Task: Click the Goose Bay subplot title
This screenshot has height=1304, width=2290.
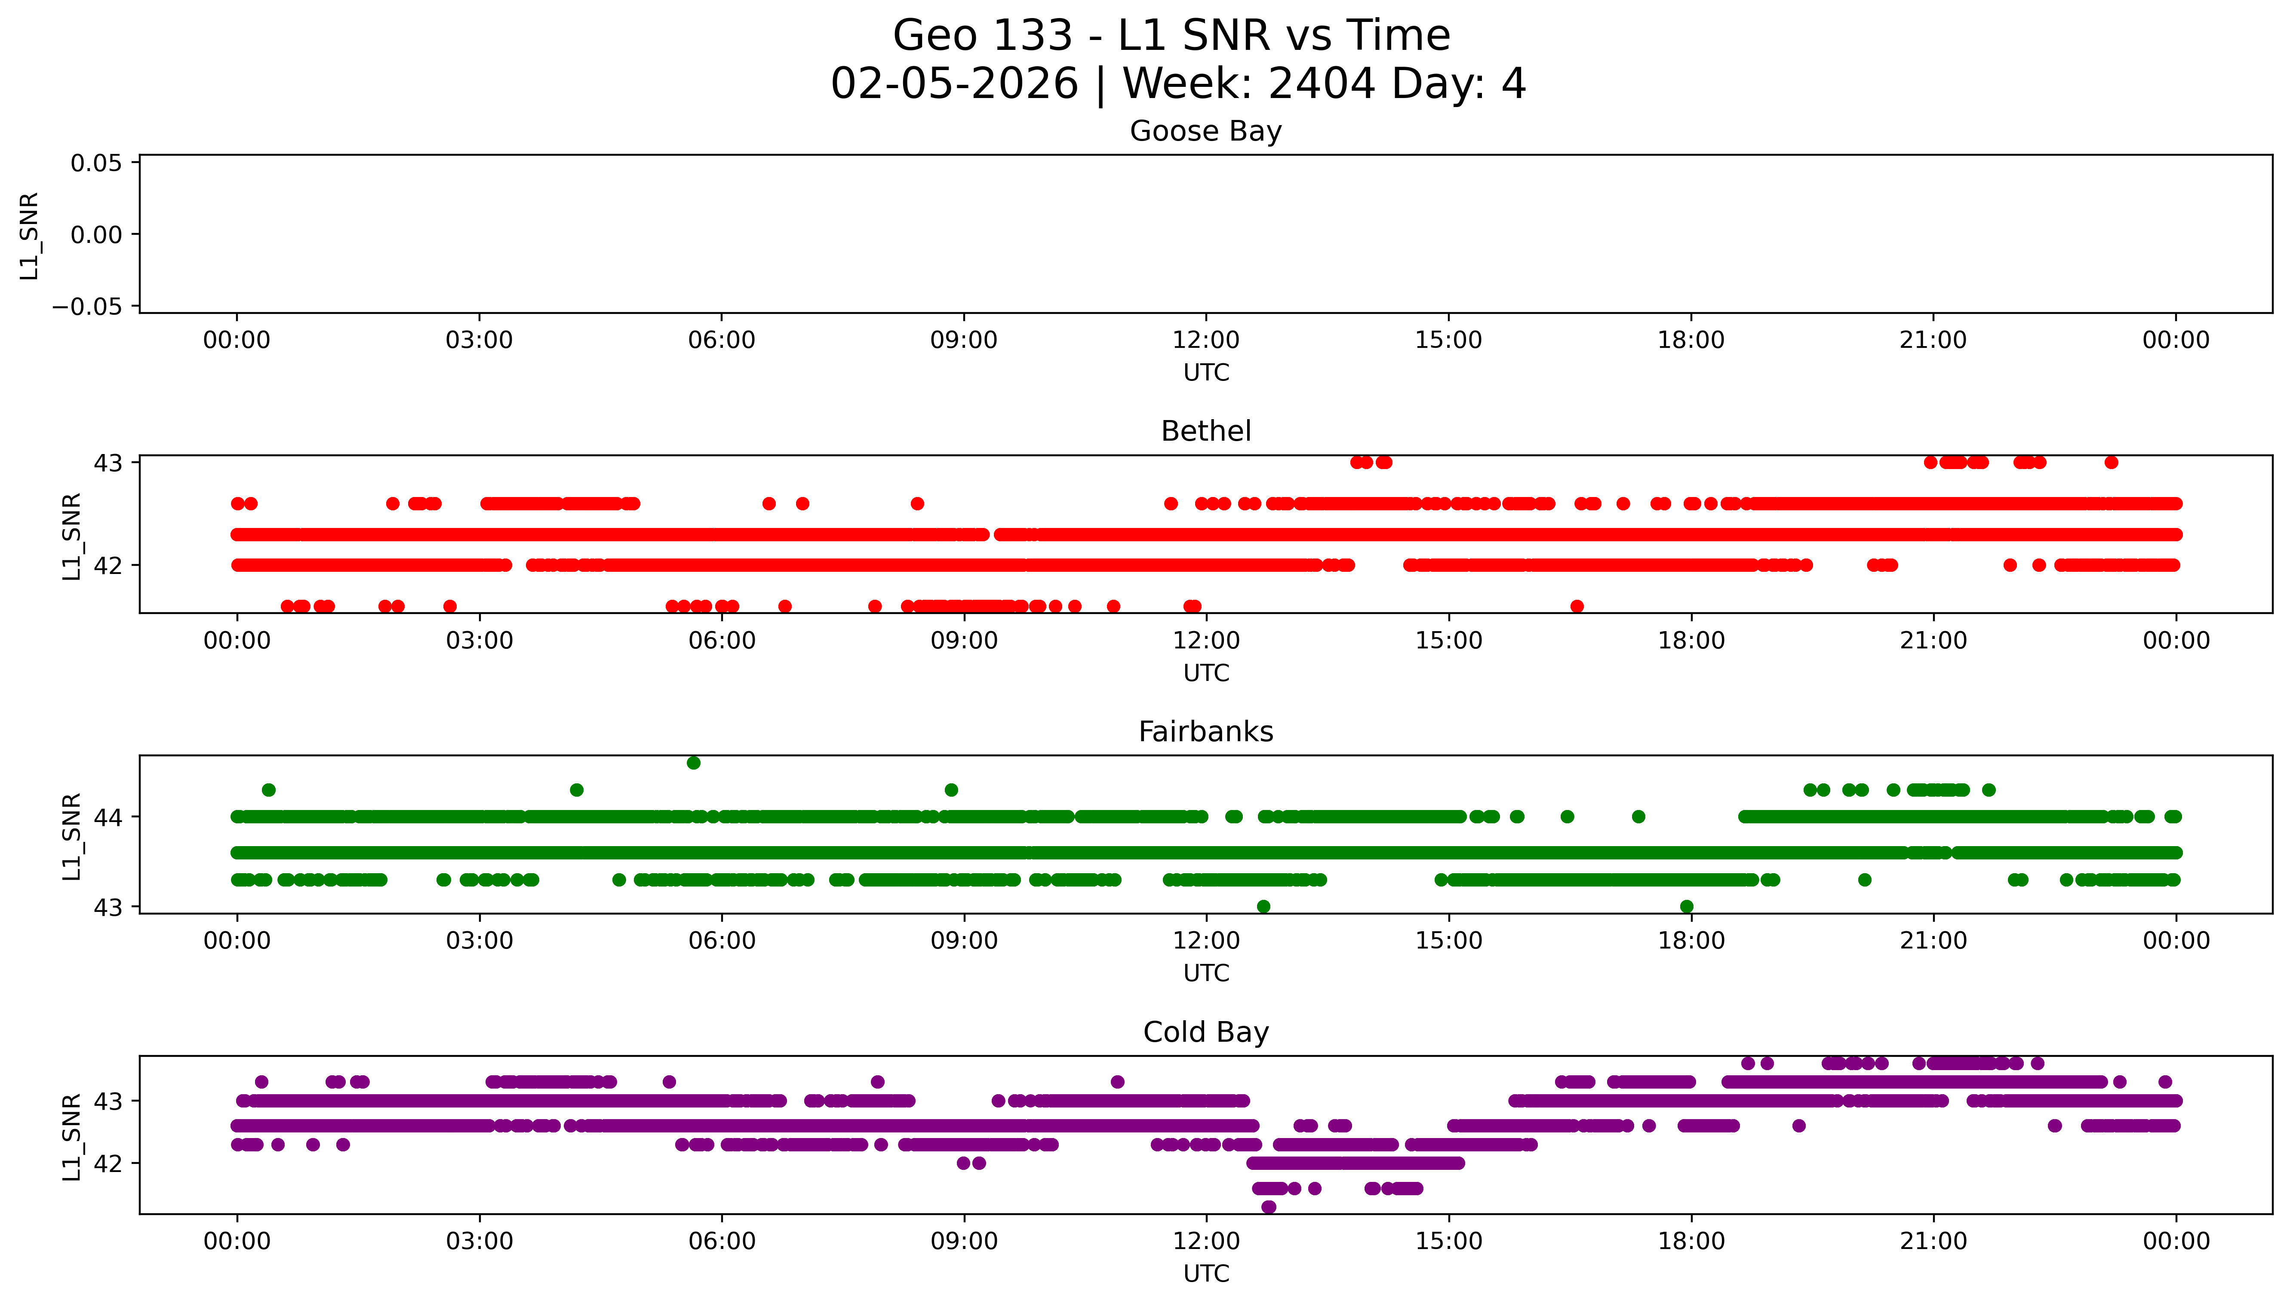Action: click(1205, 132)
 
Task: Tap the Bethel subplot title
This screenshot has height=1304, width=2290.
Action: click(1205, 432)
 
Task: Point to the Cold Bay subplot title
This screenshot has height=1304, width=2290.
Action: click(1205, 1033)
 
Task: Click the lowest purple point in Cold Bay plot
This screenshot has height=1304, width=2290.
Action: click(1268, 1207)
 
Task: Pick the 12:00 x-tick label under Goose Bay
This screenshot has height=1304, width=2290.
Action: click(1205, 341)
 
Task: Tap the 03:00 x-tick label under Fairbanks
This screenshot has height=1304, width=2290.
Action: click(479, 941)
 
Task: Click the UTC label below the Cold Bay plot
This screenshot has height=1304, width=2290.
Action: click(1205, 1273)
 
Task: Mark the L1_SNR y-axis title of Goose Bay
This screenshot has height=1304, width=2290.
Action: click(30, 236)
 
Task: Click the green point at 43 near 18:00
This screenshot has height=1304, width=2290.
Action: click(1686, 906)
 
